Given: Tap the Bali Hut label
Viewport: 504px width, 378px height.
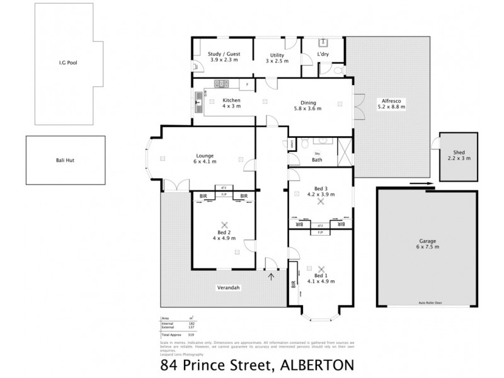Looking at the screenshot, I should pos(65,161).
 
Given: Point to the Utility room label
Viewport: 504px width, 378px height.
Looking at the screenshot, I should pos(277,55).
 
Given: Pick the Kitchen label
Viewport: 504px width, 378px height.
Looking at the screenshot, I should pos(232,101).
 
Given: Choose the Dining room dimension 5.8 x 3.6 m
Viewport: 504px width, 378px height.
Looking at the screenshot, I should pos(308,108).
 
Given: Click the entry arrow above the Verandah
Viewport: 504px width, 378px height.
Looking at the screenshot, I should pos(272,275).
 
